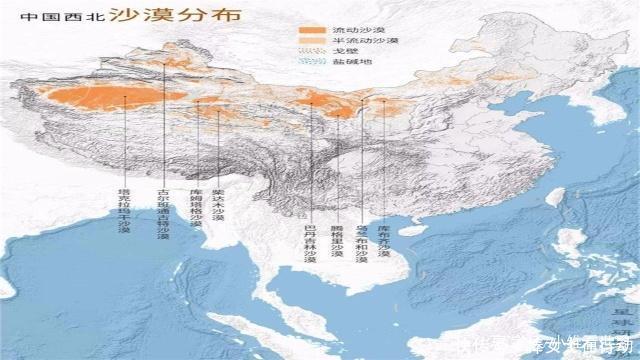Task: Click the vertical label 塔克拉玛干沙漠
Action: [124, 210]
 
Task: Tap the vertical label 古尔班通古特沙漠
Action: [163, 213]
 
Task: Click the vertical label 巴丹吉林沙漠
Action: [310, 240]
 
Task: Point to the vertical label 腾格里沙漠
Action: [338, 238]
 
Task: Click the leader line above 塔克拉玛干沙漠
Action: [124, 140]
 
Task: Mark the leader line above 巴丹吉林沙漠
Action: [310, 160]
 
